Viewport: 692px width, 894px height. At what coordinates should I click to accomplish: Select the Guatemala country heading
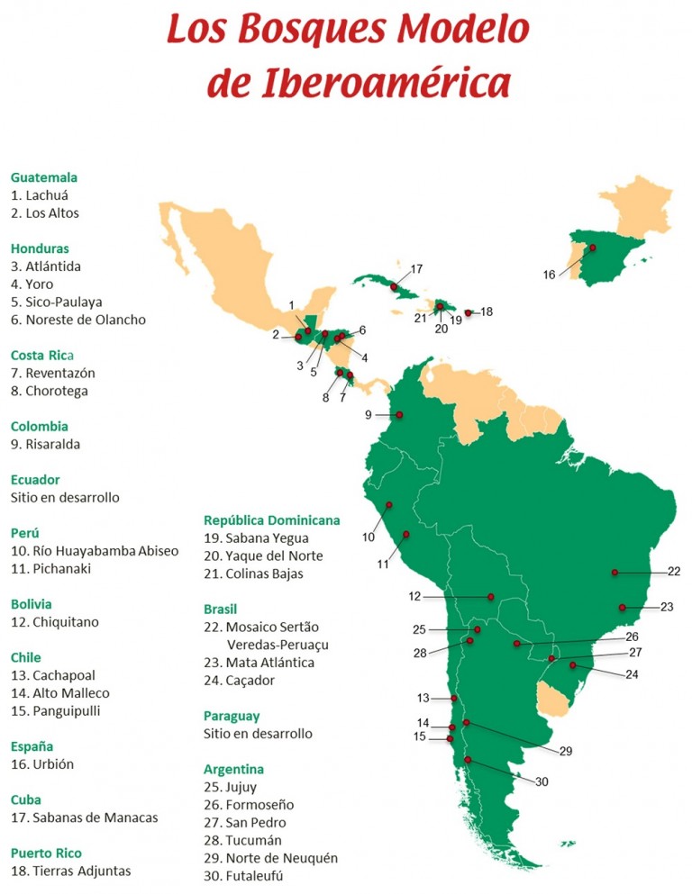click(44, 177)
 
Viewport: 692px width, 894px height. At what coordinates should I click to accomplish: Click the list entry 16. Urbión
click(42, 764)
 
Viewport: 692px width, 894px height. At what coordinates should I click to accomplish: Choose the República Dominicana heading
click(271, 519)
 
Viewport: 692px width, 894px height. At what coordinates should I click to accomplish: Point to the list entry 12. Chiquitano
click(55, 622)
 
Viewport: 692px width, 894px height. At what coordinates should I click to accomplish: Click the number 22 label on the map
click(674, 571)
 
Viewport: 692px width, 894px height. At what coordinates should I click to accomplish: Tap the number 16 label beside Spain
click(549, 275)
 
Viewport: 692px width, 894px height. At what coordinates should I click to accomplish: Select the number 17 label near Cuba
click(415, 269)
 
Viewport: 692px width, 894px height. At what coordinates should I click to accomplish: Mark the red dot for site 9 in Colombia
click(400, 415)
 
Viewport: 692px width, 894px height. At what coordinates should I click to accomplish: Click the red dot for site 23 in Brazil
click(624, 607)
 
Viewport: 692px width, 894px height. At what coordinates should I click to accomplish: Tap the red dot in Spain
click(592, 248)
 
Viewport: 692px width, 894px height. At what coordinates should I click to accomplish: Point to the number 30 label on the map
click(542, 781)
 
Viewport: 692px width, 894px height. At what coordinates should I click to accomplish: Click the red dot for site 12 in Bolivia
click(490, 596)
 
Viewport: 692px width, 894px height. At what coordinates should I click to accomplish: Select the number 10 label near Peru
click(369, 537)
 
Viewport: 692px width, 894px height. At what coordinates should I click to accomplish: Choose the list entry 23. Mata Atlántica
click(259, 663)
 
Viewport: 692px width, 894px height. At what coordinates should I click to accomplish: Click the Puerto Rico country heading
click(46, 853)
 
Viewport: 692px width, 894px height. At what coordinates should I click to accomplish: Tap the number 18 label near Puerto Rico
click(487, 312)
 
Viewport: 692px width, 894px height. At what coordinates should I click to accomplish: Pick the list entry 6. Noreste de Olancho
click(78, 320)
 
